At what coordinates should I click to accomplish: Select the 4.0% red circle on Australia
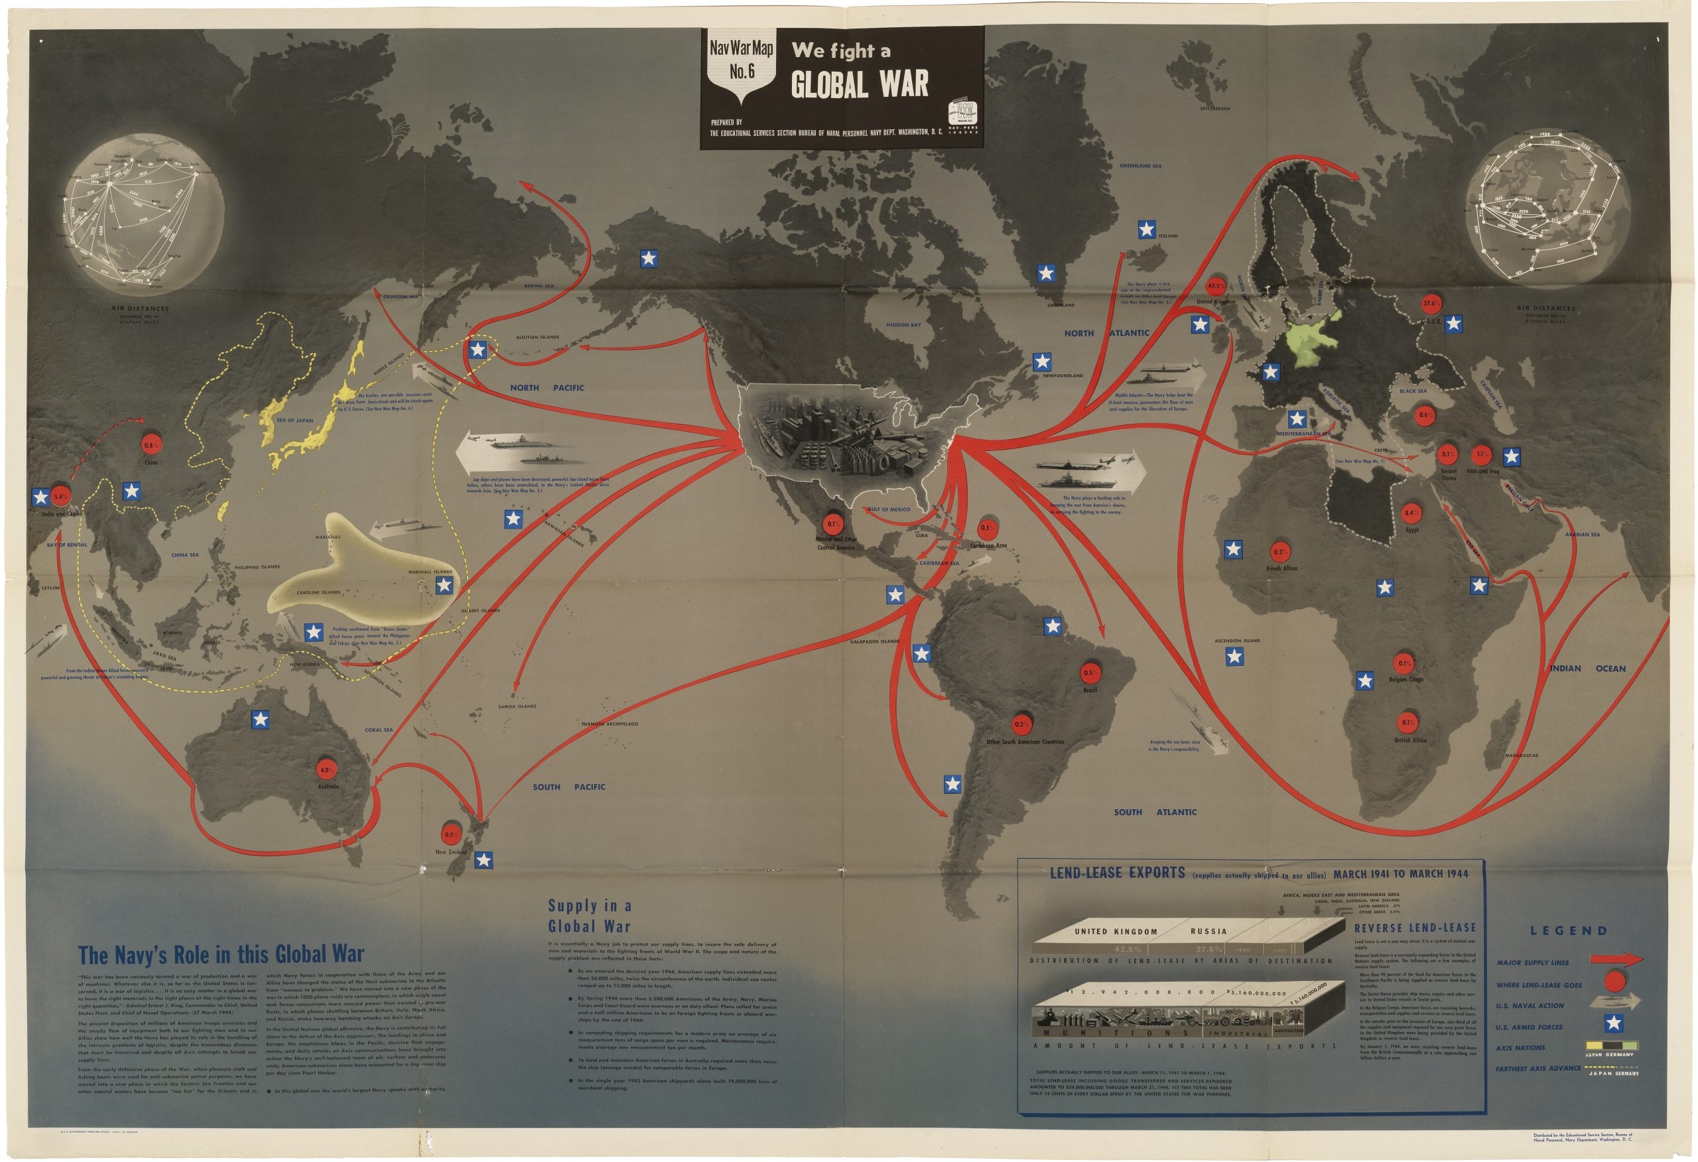[x=325, y=769]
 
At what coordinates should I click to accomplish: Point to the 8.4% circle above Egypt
[x=1411, y=513]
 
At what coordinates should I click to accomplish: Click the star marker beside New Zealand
[x=483, y=860]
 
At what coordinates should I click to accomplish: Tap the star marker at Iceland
[x=1146, y=230]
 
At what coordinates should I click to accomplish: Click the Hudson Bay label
[x=904, y=324]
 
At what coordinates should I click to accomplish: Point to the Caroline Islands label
[x=318, y=592]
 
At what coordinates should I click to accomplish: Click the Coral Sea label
[x=379, y=730]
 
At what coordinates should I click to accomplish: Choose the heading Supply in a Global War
[x=590, y=916]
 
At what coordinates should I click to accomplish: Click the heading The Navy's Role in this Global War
[x=221, y=955]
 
